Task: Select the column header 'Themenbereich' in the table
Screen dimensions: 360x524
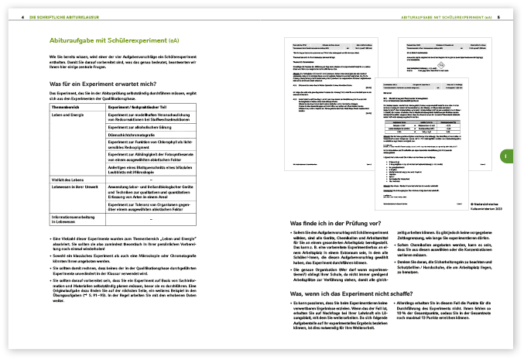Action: pyautogui.click(x=67, y=105)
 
